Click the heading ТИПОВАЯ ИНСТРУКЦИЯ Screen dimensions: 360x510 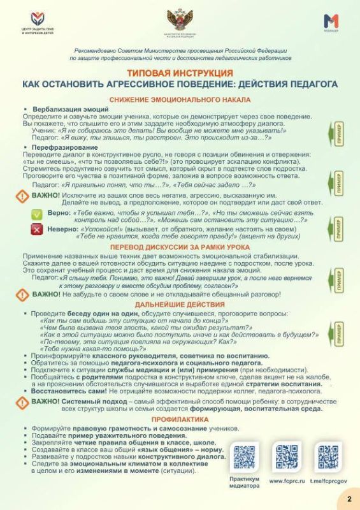pyautogui.click(x=180, y=74)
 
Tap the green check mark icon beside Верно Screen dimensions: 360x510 pyautogui.click(x=37, y=215)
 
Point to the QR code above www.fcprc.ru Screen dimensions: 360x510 pyautogui.click(x=286, y=456)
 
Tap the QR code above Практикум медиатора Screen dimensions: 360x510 pyautogui.click(x=244, y=456)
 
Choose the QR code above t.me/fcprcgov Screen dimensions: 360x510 pyautogui.click(x=328, y=456)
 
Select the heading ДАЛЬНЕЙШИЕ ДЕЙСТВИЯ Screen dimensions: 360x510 pyautogui.click(x=180, y=306)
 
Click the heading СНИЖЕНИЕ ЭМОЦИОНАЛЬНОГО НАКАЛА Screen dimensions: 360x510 pyautogui.click(x=180, y=100)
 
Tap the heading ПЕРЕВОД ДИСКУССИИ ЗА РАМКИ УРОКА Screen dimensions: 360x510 pyautogui.click(x=180, y=247)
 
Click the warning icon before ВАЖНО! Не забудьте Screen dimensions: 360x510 pyautogui.click(x=24, y=295)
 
